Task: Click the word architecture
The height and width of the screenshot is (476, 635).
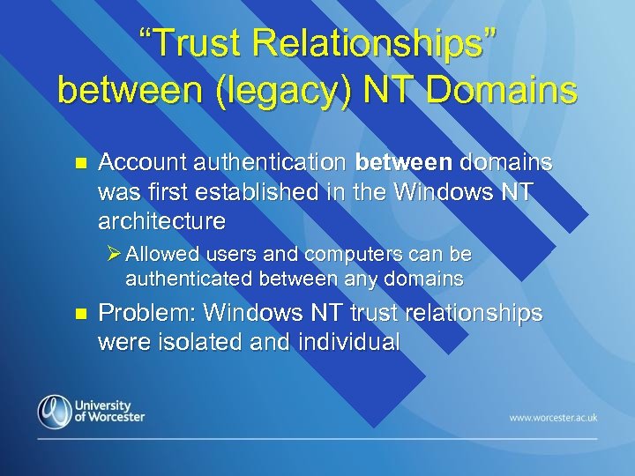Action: (x=162, y=219)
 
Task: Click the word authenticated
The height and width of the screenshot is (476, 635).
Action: (x=185, y=279)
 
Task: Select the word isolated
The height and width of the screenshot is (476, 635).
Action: (x=196, y=342)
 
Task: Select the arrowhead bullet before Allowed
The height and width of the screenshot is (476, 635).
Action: (x=113, y=255)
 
